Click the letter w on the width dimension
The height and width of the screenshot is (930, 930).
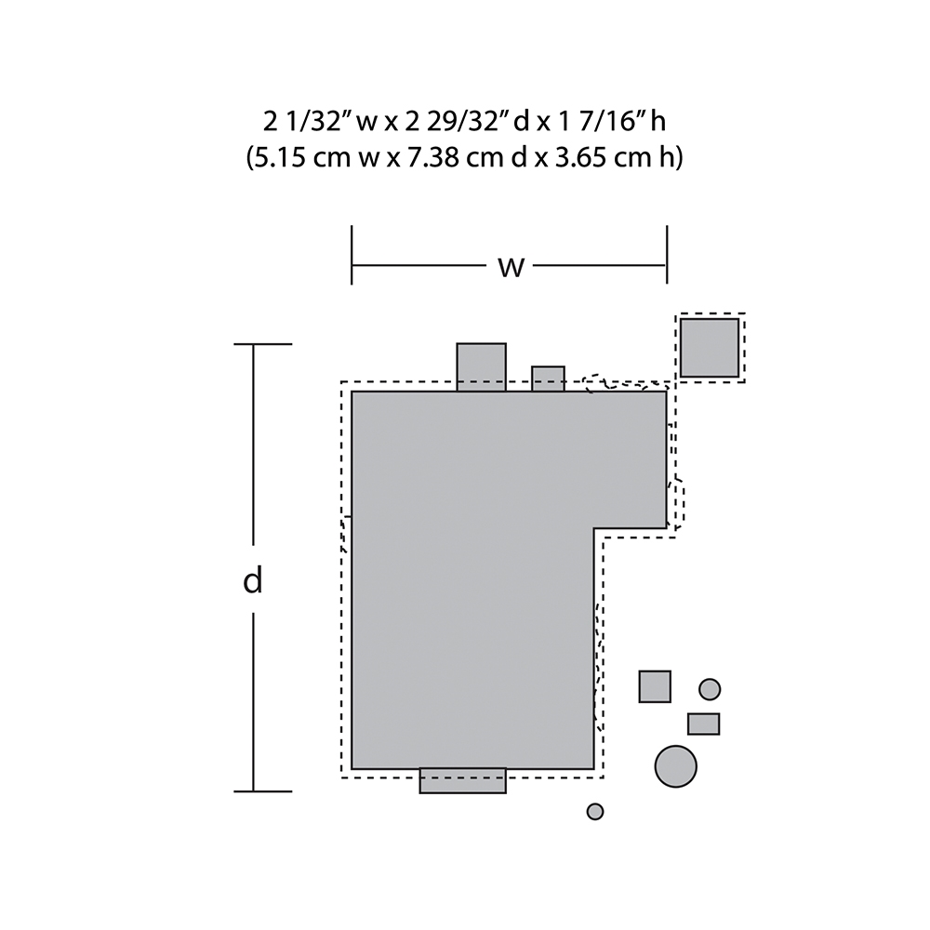[x=511, y=268]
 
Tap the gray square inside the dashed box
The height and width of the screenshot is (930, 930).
[x=710, y=348]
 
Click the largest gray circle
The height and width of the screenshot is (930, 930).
[x=675, y=766]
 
